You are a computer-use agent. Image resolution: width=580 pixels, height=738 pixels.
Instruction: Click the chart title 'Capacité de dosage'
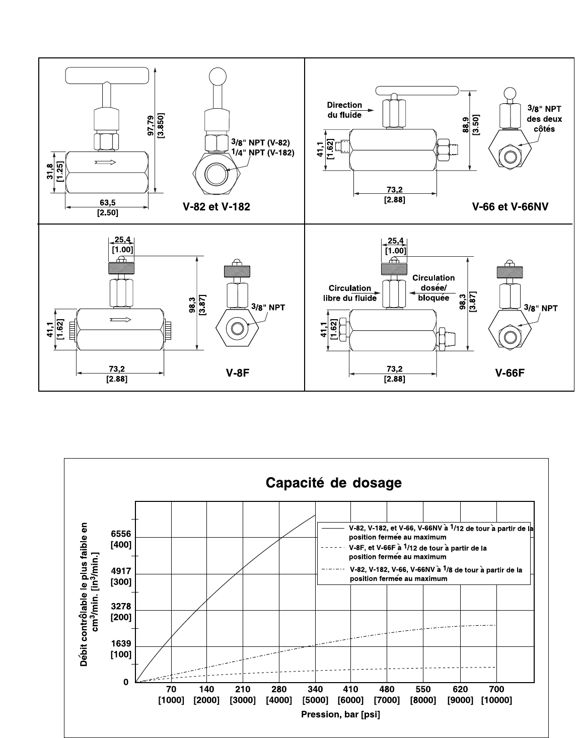pos(333,483)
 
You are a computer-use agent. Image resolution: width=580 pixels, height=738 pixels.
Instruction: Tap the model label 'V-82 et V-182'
pos(216,206)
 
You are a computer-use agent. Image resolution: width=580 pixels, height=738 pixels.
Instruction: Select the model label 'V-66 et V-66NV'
pos(510,206)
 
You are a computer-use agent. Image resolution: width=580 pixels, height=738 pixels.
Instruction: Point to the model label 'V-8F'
pos(238,373)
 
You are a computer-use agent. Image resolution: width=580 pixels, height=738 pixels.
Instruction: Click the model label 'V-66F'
pos(510,373)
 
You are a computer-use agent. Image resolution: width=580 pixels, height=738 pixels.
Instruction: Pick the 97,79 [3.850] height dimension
pos(156,125)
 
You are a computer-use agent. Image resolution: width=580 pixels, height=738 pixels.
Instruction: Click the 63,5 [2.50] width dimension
pos(108,207)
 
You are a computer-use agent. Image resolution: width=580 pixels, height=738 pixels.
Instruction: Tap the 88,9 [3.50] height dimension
pos(471,125)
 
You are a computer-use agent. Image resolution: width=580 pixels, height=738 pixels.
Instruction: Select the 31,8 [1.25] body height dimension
pos(55,172)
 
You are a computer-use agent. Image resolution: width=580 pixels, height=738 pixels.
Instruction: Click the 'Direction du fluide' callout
pos(344,110)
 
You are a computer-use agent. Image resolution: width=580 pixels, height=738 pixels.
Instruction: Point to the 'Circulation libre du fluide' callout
pos(350,293)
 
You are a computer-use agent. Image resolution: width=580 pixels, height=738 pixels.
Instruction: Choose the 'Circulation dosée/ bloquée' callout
pos(433,287)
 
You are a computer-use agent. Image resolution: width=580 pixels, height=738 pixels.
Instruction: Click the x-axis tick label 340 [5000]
pos(315,695)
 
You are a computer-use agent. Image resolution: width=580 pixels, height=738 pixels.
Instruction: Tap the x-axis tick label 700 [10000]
pos(496,695)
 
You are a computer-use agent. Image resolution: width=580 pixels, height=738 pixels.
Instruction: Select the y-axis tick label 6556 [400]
pos(121,539)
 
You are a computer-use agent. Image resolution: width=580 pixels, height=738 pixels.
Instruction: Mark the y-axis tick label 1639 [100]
pos(121,649)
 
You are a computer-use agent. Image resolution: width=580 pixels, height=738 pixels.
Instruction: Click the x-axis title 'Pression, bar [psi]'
pos(340,714)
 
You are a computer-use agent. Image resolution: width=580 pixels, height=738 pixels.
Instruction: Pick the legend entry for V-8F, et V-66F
pos(404,552)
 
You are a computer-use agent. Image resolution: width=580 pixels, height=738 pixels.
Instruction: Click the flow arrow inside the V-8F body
pos(120,320)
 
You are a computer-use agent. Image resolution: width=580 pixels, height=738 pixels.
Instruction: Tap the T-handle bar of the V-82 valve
pos(107,76)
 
